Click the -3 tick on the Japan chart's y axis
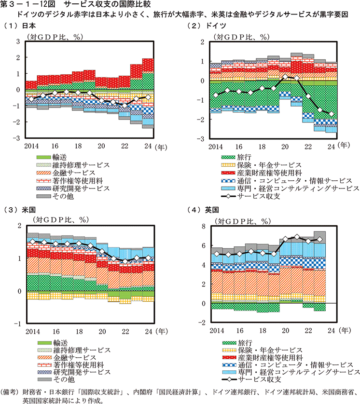click(x=18, y=138)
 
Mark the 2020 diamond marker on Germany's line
click(x=286, y=77)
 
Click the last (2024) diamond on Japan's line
click(x=148, y=97)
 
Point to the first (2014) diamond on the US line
click(x=32, y=241)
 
